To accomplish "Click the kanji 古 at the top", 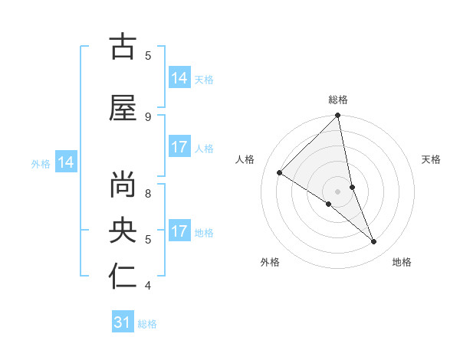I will tap(123, 47).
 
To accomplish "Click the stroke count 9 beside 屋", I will tap(148, 116).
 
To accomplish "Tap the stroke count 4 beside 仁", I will tap(148, 286).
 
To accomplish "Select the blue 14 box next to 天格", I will tap(179, 77).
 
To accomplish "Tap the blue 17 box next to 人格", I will tap(179, 146).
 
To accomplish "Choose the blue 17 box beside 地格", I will tap(179, 231).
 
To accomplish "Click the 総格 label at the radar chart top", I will tap(338, 100).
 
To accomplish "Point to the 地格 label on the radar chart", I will tap(402, 262).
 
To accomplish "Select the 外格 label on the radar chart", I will tap(270, 262).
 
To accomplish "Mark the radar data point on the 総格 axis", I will tap(338, 116).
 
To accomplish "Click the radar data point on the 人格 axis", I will tap(280, 173).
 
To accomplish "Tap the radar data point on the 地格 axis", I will tap(374, 242).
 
